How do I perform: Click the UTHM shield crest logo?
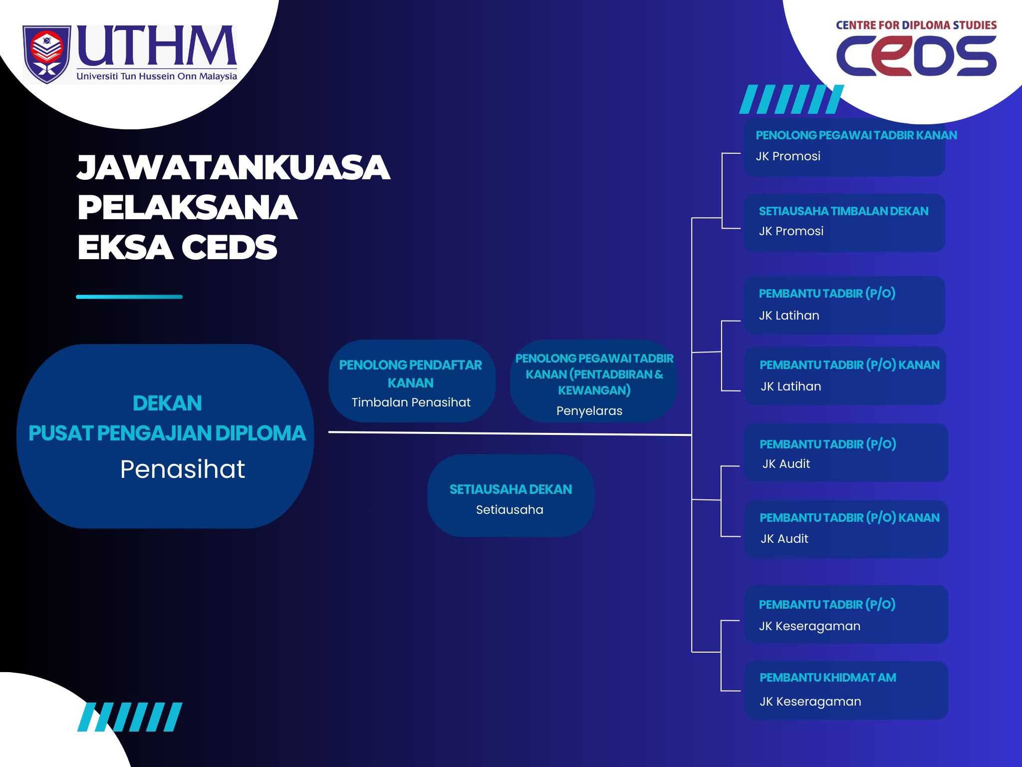[x=46, y=54]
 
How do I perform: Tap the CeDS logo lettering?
[x=916, y=56]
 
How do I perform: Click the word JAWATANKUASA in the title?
[x=234, y=167]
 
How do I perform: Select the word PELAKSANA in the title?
[x=188, y=207]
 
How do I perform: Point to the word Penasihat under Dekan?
[x=183, y=469]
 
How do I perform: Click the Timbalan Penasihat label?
[x=411, y=402]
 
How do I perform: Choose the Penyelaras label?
[x=589, y=411]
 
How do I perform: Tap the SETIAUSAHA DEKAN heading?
[x=511, y=489]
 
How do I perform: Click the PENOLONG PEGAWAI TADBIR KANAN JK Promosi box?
[x=844, y=147]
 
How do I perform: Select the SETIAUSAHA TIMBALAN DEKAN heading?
[x=843, y=211]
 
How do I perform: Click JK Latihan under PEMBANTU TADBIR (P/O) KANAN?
[x=791, y=386]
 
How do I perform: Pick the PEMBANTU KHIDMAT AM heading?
[x=828, y=678]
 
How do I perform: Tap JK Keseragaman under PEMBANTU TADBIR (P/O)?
[x=809, y=626]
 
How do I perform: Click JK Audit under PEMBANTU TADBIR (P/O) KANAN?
[x=784, y=539]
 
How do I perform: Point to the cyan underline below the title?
[x=129, y=297]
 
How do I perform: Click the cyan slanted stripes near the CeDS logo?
[x=791, y=99]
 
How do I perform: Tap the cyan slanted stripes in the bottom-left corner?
[x=130, y=717]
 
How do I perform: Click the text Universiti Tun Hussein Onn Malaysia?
[x=157, y=76]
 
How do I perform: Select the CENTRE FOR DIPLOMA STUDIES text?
[x=916, y=25]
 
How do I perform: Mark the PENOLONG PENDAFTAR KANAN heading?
[x=411, y=374]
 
